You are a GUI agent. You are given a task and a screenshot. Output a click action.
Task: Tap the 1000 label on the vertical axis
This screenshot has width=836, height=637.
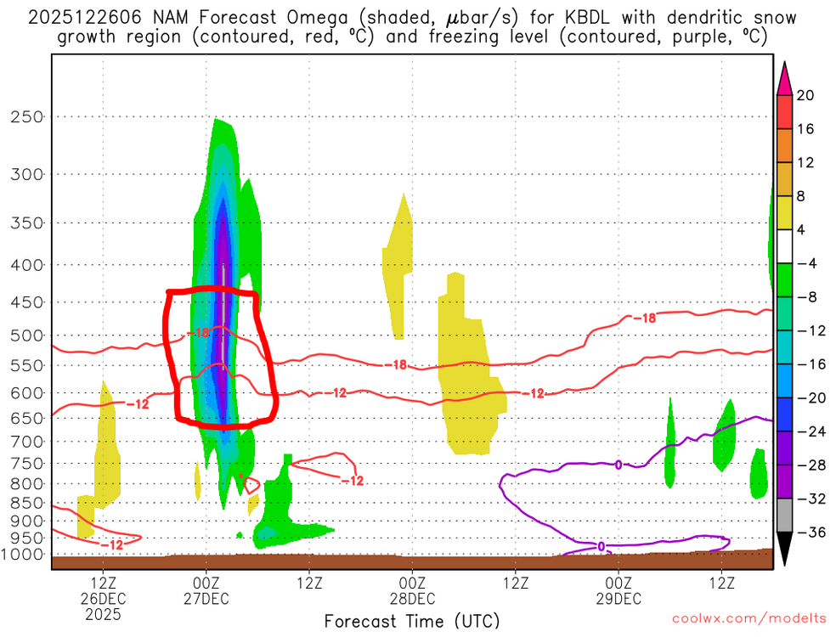point(25,554)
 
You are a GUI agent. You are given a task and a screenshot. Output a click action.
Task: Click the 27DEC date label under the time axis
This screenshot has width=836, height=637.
point(207,599)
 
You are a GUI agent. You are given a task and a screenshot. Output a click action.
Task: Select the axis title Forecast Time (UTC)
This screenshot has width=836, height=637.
point(412,620)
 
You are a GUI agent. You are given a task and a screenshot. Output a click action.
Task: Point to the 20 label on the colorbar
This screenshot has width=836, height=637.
point(806,96)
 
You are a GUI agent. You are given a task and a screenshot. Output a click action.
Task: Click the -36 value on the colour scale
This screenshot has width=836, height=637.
point(806,533)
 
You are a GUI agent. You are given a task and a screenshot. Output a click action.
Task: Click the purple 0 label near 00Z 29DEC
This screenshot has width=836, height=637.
point(619,464)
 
